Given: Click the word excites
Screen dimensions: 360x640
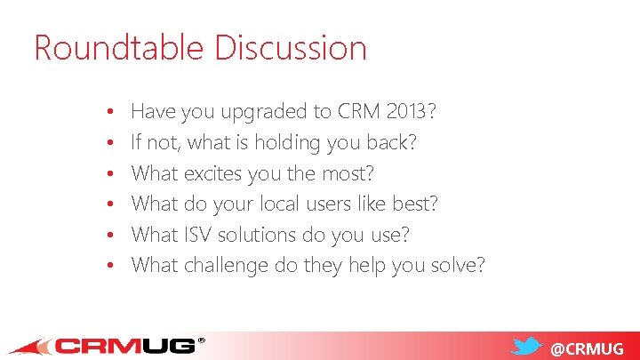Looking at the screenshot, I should tap(218, 173).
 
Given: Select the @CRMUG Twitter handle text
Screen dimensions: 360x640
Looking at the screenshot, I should tap(588, 348).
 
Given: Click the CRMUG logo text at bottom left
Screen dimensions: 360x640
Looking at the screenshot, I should tap(124, 346).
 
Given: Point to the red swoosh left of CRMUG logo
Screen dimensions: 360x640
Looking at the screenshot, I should tap(31, 348).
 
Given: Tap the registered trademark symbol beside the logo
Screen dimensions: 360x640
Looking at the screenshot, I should tap(201, 340).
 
